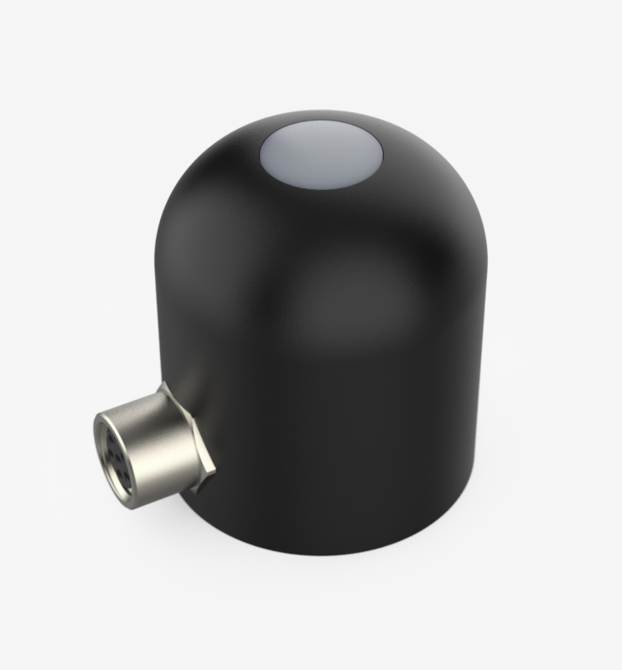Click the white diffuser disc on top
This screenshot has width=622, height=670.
pos(321,157)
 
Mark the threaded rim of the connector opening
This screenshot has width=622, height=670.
pos(100,444)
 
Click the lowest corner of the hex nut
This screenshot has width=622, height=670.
pos(201,493)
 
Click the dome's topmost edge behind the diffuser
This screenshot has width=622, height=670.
pos(321,110)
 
